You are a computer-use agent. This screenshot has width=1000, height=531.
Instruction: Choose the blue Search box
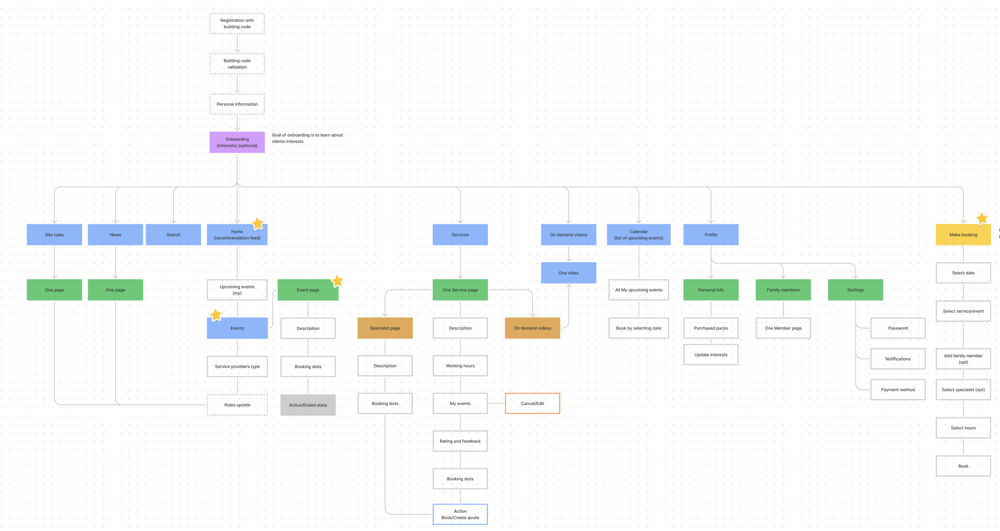coord(173,235)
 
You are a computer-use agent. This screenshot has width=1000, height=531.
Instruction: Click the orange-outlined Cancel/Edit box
coord(532,403)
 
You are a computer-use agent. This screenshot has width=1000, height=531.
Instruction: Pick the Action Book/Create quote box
coord(460,514)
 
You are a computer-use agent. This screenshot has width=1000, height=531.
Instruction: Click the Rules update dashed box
coord(237,405)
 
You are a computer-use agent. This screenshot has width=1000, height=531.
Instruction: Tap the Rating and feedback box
coord(460,441)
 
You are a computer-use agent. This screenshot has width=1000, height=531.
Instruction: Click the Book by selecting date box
coord(639,328)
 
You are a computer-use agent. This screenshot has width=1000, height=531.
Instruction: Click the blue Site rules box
coord(54,235)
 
